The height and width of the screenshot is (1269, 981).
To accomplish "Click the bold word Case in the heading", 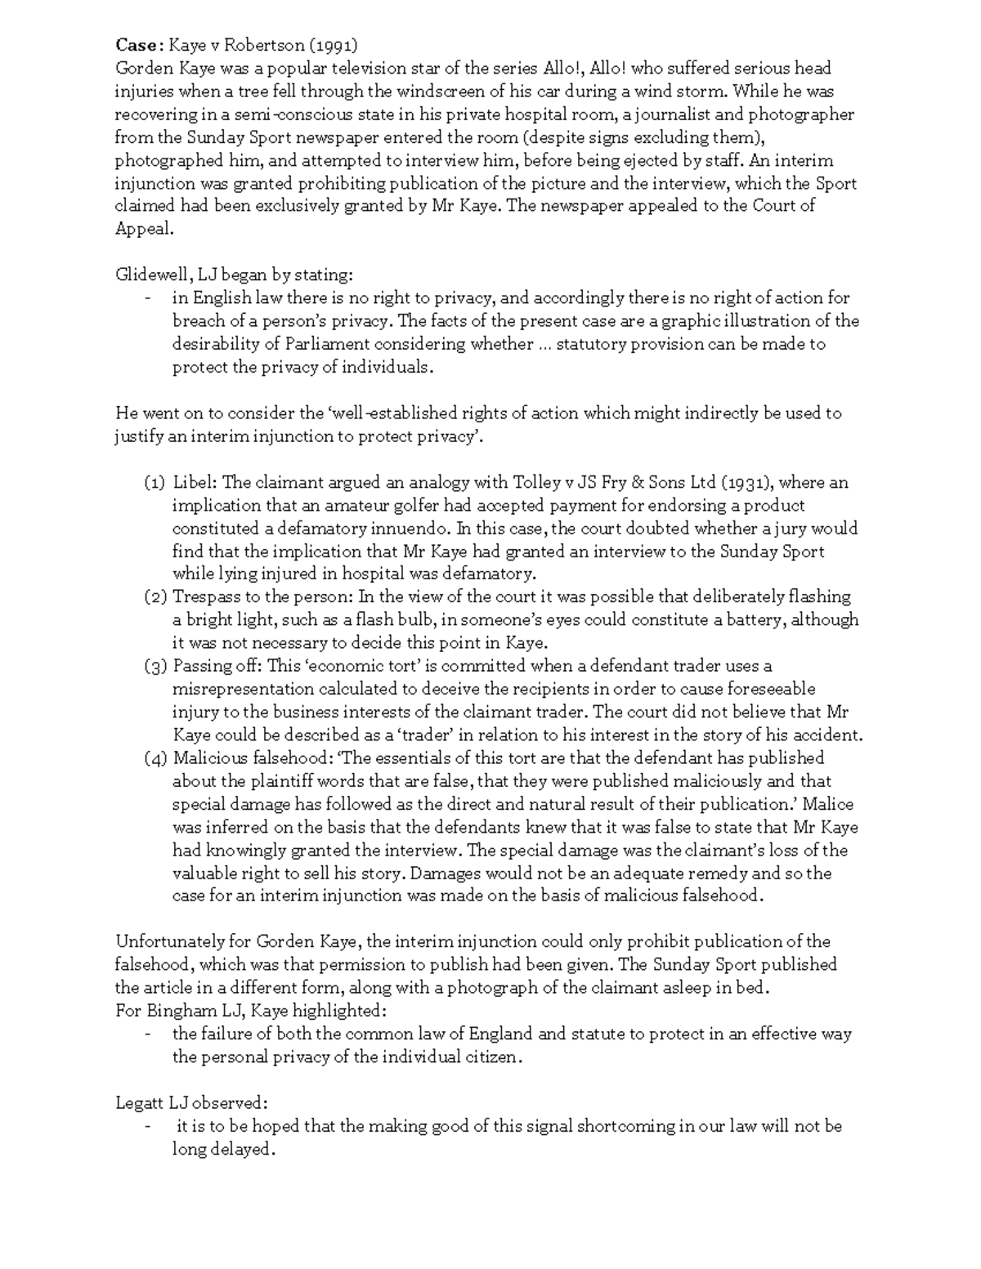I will [x=135, y=45].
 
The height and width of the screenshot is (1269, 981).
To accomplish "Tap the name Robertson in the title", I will [x=243, y=45].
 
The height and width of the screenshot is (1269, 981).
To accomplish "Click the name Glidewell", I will [x=151, y=275].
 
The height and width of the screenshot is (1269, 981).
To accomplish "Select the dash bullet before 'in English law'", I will [x=147, y=298].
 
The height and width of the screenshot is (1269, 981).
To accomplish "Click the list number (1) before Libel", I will [x=155, y=483].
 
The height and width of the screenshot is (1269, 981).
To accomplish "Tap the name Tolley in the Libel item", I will [x=536, y=482].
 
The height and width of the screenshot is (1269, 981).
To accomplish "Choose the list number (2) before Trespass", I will [x=155, y=597].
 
